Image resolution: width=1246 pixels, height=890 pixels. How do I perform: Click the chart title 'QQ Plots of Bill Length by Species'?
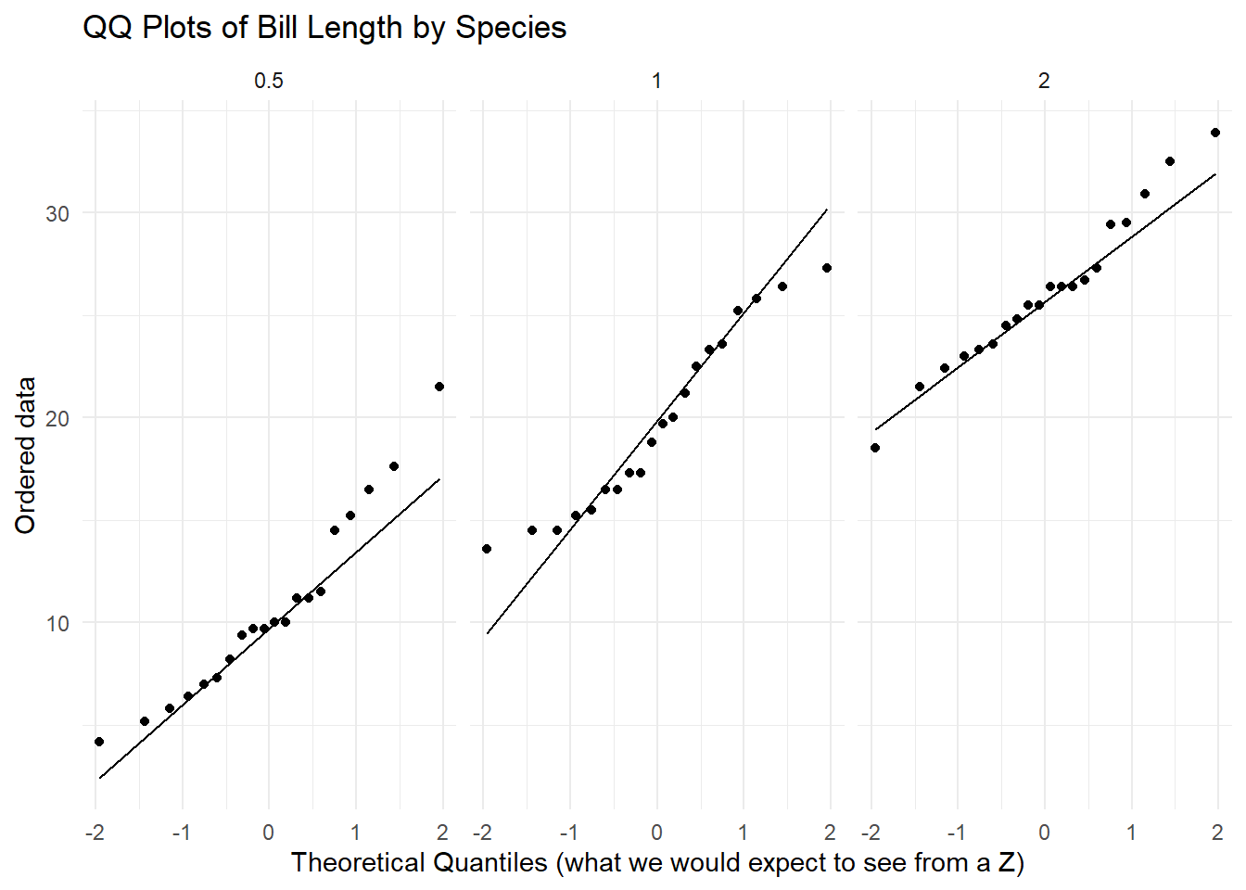[x=324, y=28]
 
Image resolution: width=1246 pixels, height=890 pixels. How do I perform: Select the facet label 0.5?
[x=269, y=81]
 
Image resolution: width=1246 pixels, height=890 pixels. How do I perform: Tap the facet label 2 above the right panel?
[x=1044, y=81]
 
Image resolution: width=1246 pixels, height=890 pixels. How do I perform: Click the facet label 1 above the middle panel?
[x=656, y=81]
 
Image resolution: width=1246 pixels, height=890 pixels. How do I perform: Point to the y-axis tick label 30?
[x=57, y=213]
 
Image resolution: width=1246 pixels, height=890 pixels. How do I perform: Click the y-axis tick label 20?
[x=57, y=418]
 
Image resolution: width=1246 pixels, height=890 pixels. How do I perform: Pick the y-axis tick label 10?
[x=57, y=623]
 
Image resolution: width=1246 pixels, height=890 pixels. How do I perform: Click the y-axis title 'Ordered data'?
[x=25, y=455]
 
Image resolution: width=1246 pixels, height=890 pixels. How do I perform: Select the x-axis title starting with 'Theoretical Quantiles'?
[x=657, y=863]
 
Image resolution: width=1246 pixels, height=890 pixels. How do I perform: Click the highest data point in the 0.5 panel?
[x=439, y=387]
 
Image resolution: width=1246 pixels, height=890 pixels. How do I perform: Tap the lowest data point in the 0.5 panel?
[x=99, y=742]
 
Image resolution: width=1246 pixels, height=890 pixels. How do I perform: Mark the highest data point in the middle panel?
[x=827, y=268]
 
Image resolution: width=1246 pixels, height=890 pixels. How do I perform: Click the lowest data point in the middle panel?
[x=487, y=549]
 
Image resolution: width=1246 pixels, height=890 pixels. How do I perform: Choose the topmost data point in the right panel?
[x=1215, y=133]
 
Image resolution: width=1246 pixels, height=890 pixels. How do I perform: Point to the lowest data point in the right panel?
[x=875, y=448]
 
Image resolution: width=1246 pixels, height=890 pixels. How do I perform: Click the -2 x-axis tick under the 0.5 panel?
[x=95, y=833]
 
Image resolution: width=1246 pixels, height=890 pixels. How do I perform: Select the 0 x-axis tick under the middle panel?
[x=656, y=833]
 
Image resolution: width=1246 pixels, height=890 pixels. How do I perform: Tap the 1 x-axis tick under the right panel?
[x=1131, y=833]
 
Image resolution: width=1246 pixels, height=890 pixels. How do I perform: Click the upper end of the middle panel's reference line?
[x=827, y=210]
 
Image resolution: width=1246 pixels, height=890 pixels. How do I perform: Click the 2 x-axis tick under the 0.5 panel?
[x=443, y=833]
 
